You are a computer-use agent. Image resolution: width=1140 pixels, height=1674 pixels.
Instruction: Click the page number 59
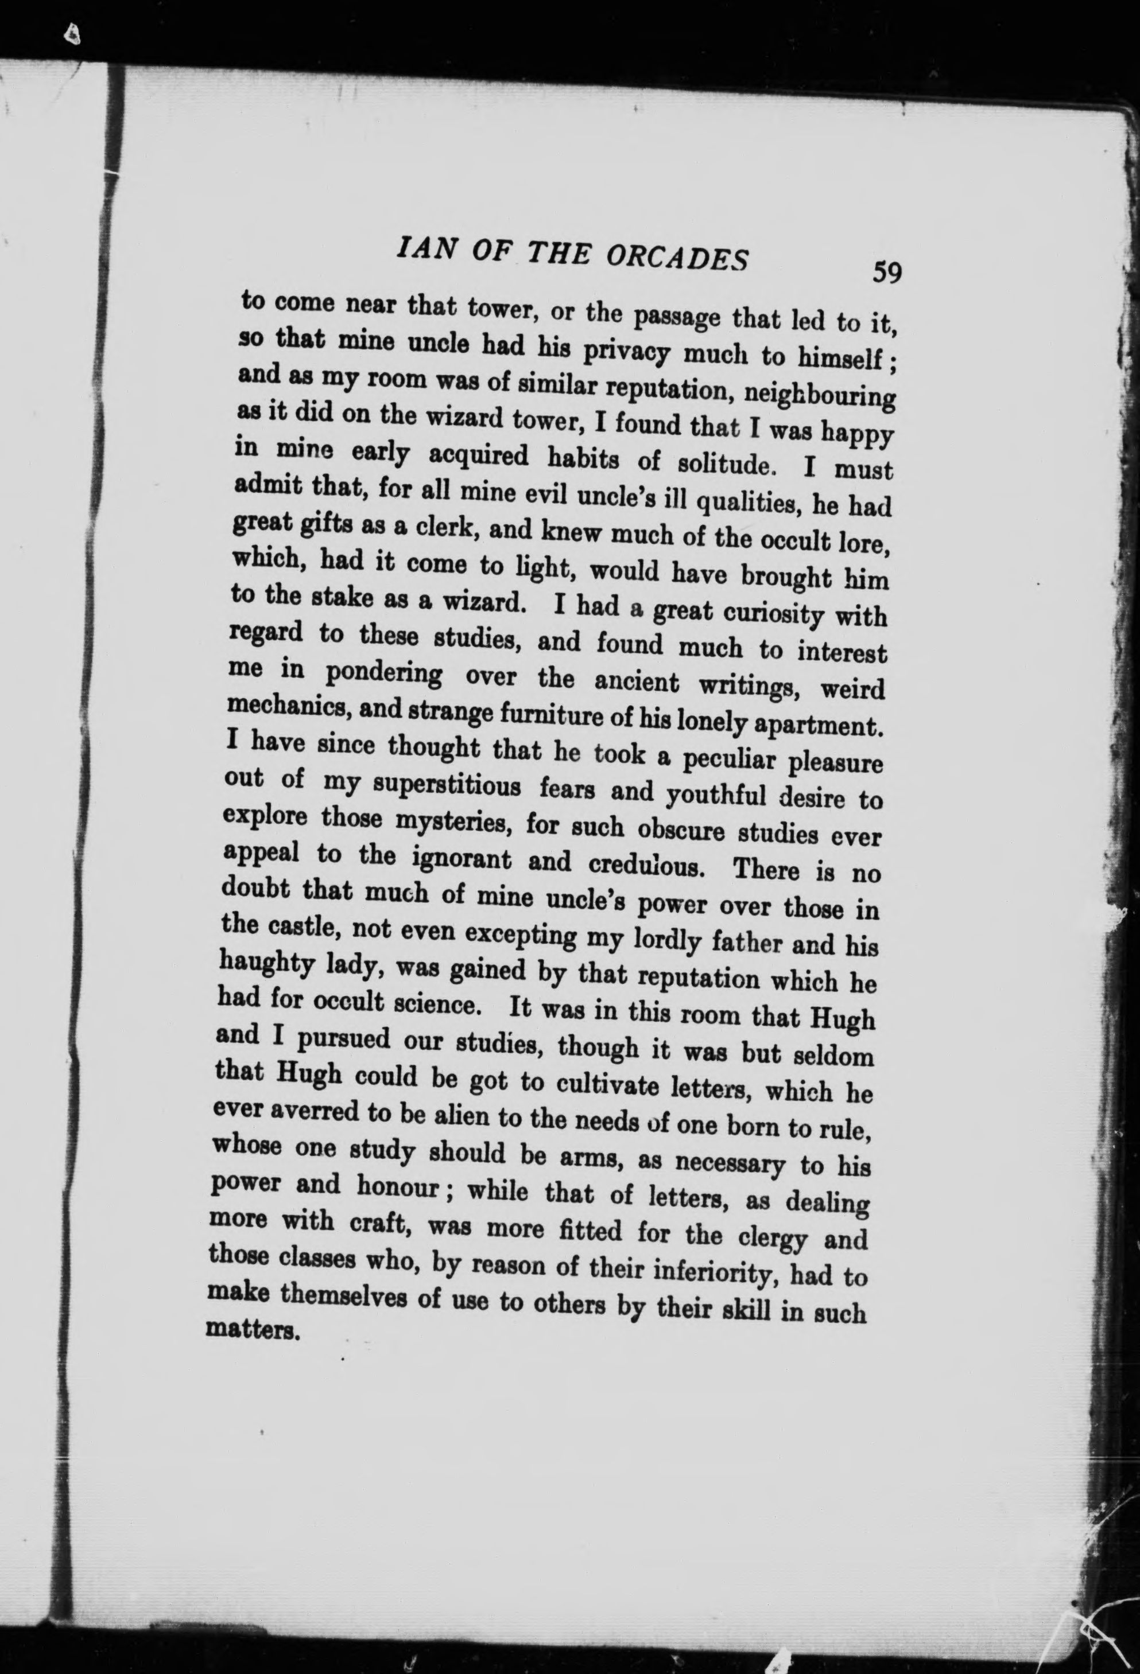(x=886, y=273)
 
